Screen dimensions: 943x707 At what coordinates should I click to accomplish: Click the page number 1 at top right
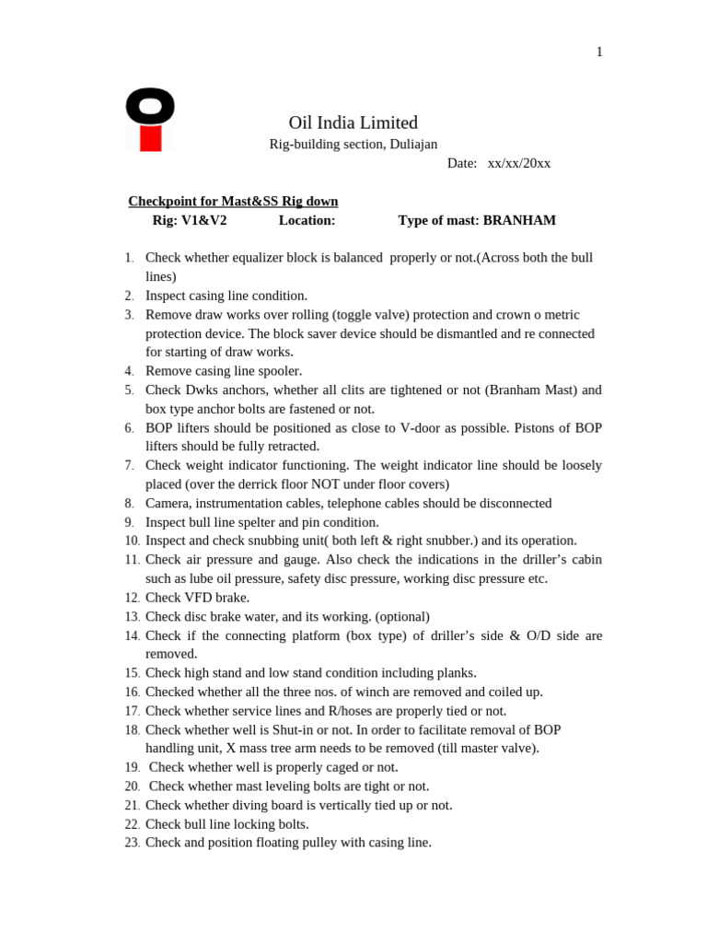(599, 52)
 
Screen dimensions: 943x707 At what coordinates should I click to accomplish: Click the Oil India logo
(150, 119)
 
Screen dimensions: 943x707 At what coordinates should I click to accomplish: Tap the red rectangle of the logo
(151, 139)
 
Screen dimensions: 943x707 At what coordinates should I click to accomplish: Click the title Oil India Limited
(353, 122)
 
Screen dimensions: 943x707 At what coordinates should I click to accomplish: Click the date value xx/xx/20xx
(519, 163)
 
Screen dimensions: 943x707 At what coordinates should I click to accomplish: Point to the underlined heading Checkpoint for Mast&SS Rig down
(233, 201)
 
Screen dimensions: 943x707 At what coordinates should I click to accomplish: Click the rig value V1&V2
(204, 221)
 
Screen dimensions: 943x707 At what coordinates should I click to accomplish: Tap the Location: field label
(307, 221)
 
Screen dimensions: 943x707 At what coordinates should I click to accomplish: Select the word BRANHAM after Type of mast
(519, 221)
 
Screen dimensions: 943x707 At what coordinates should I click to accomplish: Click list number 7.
(129, 466)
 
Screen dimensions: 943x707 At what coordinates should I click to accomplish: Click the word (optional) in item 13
(400, 617)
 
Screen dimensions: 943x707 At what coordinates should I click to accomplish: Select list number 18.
(132, 730)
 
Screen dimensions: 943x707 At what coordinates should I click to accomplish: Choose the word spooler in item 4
(278, 371)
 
